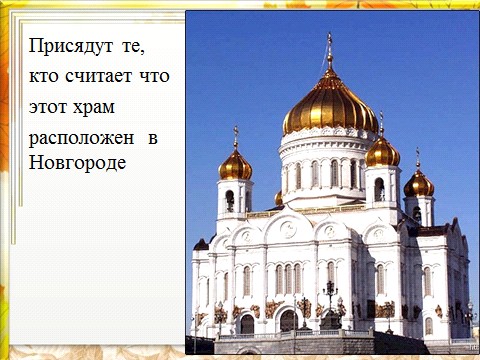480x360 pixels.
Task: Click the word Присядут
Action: coord(71,46)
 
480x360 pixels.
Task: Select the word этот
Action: coord(48,107)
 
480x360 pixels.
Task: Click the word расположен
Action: coord(81,139)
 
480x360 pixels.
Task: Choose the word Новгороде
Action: coord(77,164)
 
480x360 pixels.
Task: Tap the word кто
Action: coord(44,76)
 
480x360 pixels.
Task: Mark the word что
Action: coord(154,76)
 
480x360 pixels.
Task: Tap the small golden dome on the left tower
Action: coord(235,165)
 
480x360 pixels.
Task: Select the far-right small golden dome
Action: coord(419,184)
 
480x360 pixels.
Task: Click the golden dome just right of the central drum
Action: coord(382,152)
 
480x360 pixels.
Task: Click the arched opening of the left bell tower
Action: coord(230,201)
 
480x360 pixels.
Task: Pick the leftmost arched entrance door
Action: coord(247,324)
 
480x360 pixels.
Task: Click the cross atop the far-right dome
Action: coord(418,158)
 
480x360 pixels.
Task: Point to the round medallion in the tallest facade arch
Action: coord(289,229)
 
